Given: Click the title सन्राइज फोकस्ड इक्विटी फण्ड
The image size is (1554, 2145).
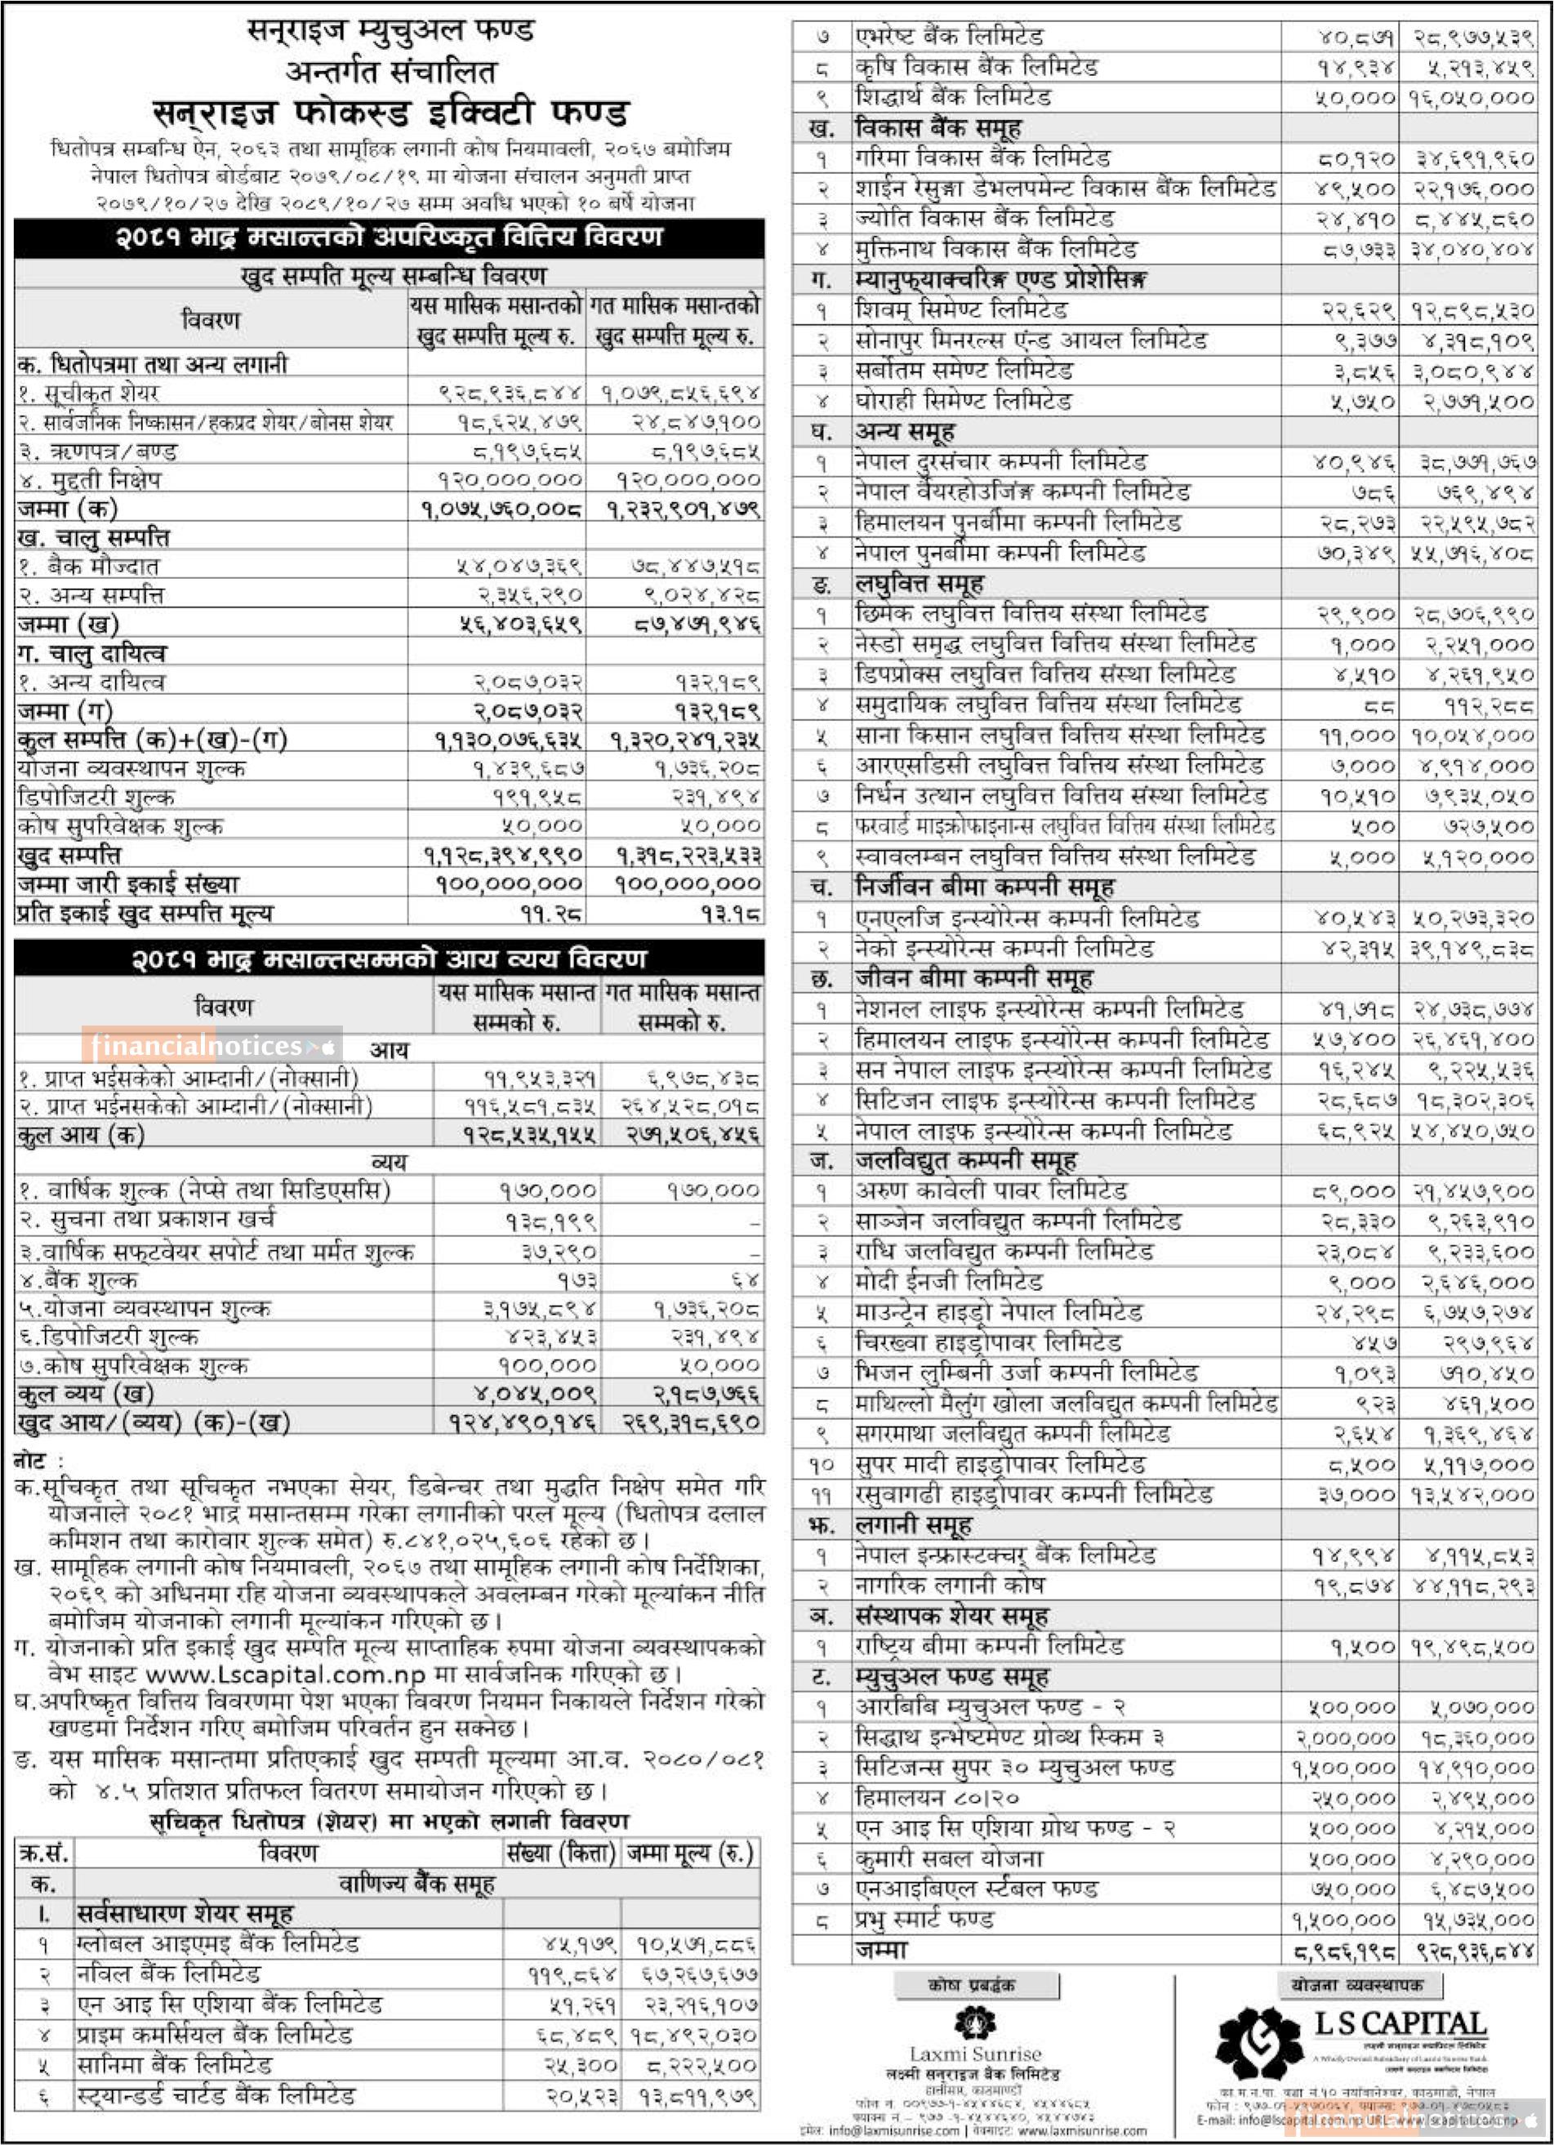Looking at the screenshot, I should [390, 113].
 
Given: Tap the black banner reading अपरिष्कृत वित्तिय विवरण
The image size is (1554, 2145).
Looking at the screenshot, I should [389, 237].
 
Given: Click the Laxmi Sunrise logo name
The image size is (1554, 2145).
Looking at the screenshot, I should [974, 2054].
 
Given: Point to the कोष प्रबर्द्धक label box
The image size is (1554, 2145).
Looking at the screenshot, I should [975, 1985].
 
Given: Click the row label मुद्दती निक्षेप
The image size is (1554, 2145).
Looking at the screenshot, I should [90, 480].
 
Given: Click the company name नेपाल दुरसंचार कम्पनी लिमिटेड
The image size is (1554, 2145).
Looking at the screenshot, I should [1000, 462].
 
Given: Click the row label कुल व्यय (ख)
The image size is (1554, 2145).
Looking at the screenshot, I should [85, 1393].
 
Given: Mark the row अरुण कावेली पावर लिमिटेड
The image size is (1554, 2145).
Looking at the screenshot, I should [991, 1190].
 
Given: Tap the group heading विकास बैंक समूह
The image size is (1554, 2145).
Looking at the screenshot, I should [937, 127].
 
